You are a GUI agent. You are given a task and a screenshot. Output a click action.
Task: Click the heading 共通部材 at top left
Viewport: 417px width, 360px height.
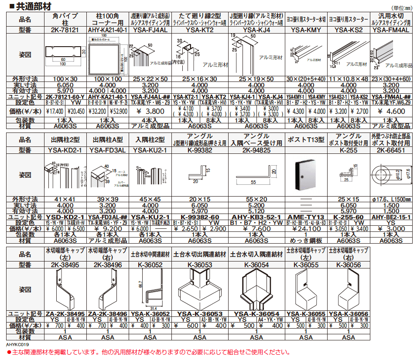(x=27, y=6)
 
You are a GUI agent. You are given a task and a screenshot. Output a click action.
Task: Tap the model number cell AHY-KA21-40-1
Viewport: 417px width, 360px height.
(x=107, y=31)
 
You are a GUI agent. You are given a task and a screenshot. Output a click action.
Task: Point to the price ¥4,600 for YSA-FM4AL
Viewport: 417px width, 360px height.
(x=391, y=111)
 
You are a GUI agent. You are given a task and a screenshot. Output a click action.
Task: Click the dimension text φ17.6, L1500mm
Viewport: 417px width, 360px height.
(x=391, y=200)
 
